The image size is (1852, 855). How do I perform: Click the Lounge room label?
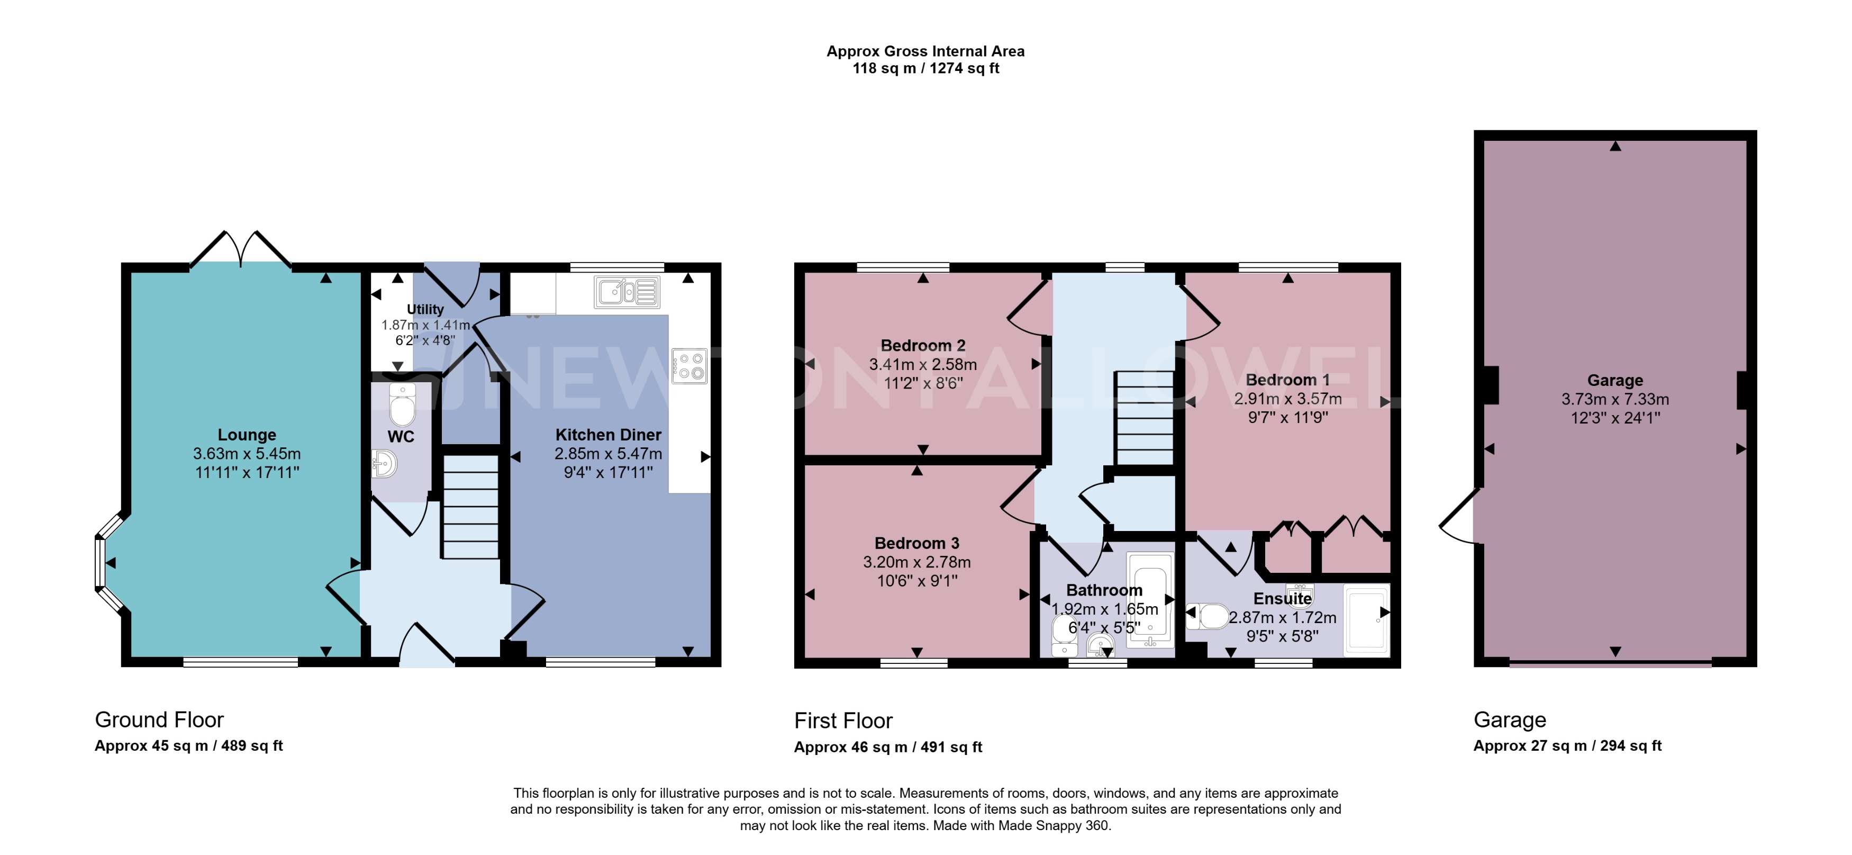pos(247,435)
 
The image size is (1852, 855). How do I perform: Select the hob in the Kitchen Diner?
pos(689,365)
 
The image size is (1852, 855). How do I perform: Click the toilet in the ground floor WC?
pos(402,406)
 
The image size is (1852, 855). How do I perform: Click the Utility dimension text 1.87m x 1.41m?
pos(425,325)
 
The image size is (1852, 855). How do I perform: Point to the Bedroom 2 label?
pos(923,346)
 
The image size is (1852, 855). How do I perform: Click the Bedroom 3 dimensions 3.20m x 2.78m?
pos(916,562)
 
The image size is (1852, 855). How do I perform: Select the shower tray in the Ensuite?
pos(1366,620)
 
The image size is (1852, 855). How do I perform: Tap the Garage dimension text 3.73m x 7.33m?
pos(1615,399)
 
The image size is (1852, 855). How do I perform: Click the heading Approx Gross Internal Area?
pos(925,51)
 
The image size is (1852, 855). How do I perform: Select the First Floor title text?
pos(843,721)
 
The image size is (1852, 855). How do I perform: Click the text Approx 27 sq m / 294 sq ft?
pos(1567,746)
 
